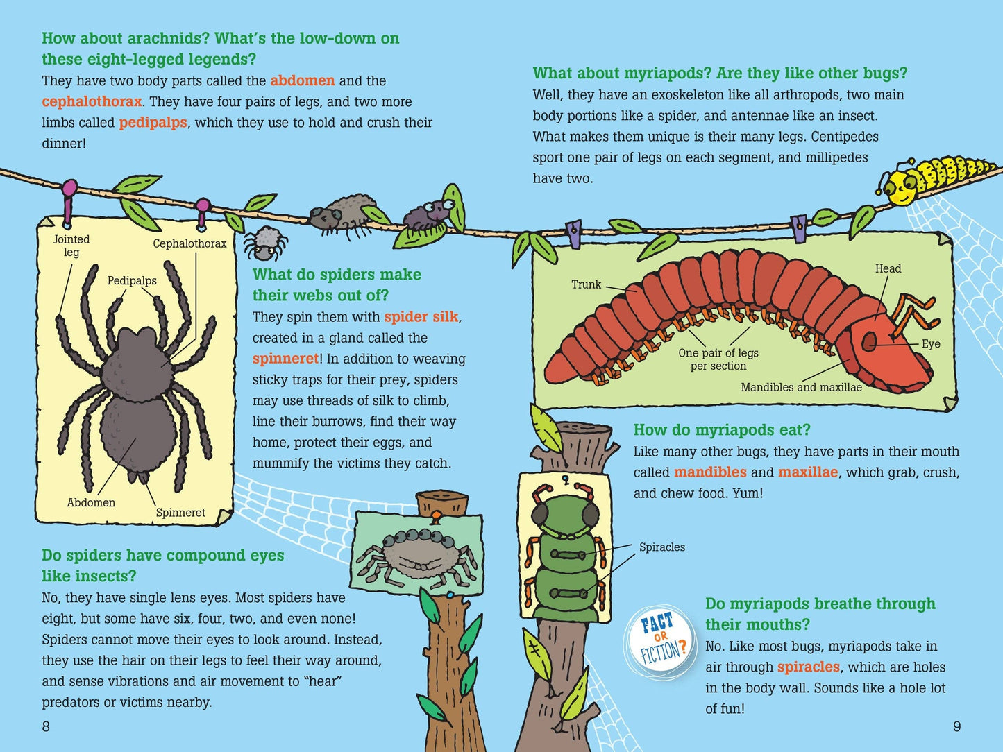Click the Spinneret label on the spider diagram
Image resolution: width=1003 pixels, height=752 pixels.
(x=180, y=513)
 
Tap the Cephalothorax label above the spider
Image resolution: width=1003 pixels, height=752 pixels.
(x=189, y=243)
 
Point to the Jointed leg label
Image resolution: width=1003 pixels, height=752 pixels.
(x=71, y=246)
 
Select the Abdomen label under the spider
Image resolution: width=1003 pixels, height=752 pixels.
(x=91, y=503)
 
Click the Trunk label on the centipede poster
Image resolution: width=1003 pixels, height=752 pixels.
(x=587, y=284)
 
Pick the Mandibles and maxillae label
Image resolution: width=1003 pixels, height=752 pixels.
(x=801, y=388)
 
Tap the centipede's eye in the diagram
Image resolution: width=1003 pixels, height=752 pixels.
(x=869, y=342)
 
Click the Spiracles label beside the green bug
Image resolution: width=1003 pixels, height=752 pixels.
(x=662, y=547)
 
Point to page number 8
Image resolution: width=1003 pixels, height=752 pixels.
(x=46, y=726)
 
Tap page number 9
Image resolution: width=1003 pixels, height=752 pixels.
(x=957, y=726)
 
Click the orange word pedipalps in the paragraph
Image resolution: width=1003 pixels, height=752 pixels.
(x=153, y=123)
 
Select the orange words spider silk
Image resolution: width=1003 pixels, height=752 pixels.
(x=421, y=317)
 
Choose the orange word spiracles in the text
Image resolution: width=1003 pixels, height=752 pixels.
(x=809, y=667)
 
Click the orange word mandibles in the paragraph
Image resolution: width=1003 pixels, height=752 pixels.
(x=710, y=472)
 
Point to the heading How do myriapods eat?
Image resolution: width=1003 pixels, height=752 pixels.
(x=722, y=429)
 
